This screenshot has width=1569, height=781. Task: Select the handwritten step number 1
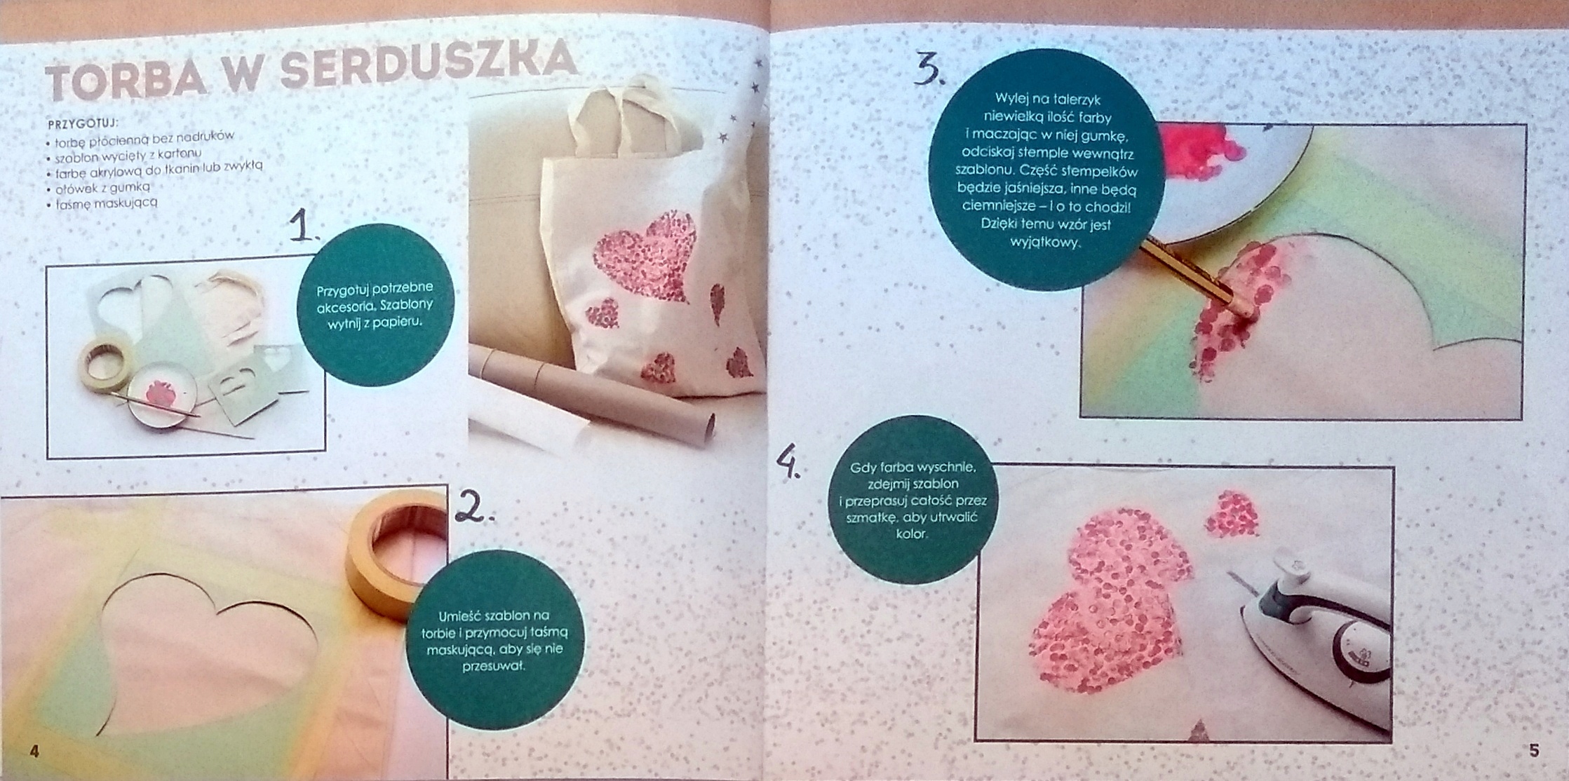tap(304, 226)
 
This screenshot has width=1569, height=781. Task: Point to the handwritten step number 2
tap(473, 506)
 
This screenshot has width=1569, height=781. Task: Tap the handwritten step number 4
tap(788, 463)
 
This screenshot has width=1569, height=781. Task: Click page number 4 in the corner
tap(34, 752)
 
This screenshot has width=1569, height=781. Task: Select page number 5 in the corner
tap(1534, 751)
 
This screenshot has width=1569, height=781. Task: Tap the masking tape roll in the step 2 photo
tap(396, 555)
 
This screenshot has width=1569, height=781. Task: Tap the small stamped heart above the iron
tap(1232, 515)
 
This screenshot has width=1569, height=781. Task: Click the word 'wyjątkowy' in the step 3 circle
tap(1045, 243)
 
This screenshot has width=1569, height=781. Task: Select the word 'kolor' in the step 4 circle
tap(912, 534)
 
